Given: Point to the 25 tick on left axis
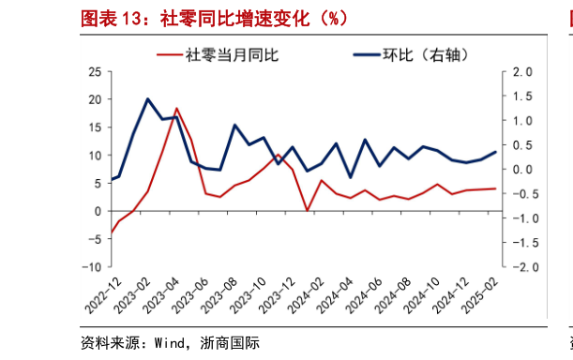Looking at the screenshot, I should tap(95, 71).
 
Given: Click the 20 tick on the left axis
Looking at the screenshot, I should tap(95, 99).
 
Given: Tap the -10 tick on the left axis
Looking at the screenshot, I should tap(92, 266).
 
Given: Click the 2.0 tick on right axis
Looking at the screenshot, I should tap(523, 72).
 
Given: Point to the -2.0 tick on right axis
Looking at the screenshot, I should tap(521, 266).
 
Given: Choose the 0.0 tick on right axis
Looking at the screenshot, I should tap(523, 170).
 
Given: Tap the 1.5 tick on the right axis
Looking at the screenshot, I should tap(523, 97).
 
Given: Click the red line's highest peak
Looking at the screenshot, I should tap(176, 109).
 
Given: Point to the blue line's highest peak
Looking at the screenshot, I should tap(148, 98).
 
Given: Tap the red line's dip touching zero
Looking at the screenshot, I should tap(308, 211).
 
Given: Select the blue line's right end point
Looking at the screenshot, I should tap(496, 152).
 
